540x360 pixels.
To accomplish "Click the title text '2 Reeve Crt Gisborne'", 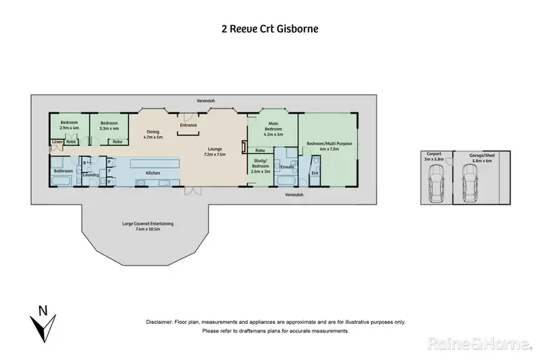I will (269, 30).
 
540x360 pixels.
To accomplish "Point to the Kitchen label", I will (153, 173).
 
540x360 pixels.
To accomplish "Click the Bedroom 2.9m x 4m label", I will (69, 125).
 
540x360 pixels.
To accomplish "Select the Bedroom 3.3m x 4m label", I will (109, 125).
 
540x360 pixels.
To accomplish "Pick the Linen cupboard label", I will (57, 142).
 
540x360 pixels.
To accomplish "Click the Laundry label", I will (91, 175).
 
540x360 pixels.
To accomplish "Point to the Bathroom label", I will (63, 171).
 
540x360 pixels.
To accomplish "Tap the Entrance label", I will (189, 125).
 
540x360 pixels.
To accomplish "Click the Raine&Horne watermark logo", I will (480, 341).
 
